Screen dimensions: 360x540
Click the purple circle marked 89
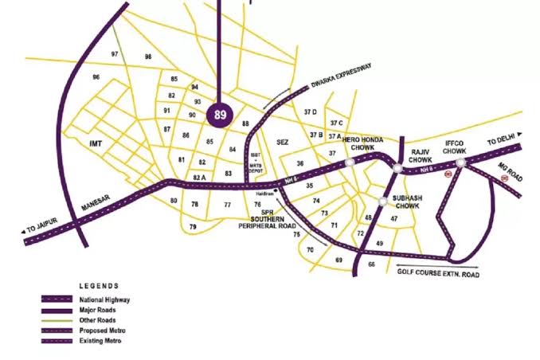point(220,115)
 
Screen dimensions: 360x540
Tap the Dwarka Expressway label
point(343,80)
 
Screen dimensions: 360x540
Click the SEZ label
point(281,142)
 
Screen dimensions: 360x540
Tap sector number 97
point(115,53)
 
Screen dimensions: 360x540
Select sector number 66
point(371,264)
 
